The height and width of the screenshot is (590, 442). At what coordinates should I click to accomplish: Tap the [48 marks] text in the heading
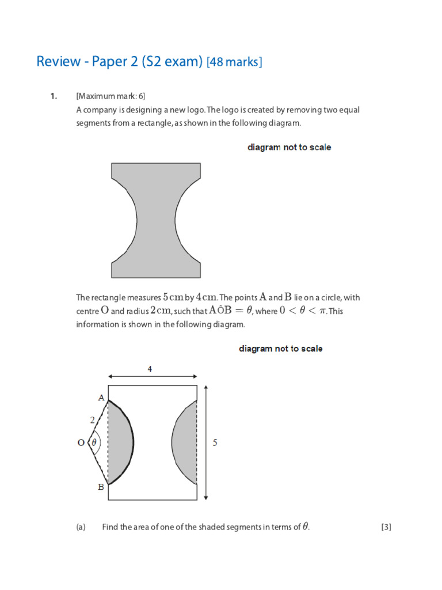(x=234, y=62)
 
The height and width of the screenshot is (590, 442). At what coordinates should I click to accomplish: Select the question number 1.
(x=53, y=96)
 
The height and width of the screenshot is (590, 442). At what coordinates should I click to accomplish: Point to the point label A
(x=101, y=398)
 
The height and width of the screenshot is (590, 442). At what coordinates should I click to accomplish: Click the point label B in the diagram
(x=101, y=487)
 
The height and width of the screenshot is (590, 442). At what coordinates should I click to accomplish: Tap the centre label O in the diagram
(x=81, y=443)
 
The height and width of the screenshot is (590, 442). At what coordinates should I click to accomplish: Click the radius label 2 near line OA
(x=92, y=421)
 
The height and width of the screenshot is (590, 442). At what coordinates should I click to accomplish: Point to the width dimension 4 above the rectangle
(x=150, y=370)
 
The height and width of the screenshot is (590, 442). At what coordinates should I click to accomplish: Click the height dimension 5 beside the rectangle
(x=215, y=443)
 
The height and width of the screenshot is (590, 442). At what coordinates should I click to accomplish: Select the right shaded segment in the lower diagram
(x=186, y=442)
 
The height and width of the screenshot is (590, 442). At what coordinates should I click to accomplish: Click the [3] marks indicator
(x=386, y=527)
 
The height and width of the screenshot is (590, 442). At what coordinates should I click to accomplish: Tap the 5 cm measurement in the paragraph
(x=173, y=297)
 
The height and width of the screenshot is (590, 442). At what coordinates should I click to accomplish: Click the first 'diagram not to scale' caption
(x=289, y=147)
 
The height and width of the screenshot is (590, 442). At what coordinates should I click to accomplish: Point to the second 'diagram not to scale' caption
(x=280, y=349)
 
